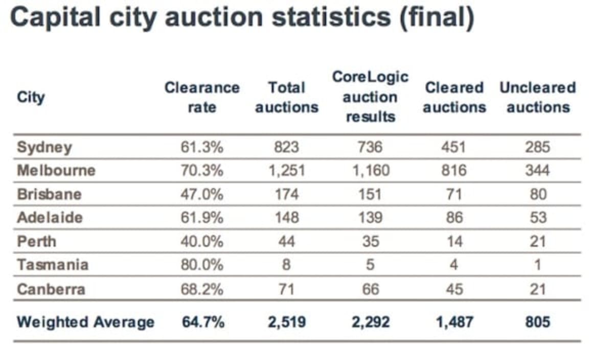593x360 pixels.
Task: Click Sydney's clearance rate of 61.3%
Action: coord(201,147)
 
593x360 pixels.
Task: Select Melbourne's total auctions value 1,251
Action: coord(286,170)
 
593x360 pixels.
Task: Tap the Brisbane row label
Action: coord(49,194)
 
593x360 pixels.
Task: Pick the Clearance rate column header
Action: coord(201,97)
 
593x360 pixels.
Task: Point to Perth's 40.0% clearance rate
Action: coord(201,241)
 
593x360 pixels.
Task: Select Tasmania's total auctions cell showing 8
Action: coord(286,265)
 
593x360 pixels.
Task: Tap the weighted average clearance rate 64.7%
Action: coord(201,322)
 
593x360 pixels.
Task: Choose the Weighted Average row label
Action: coord(85,322)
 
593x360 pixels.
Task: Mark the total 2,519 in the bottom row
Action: coord(286,322)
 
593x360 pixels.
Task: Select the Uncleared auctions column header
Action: coord(537,97)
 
